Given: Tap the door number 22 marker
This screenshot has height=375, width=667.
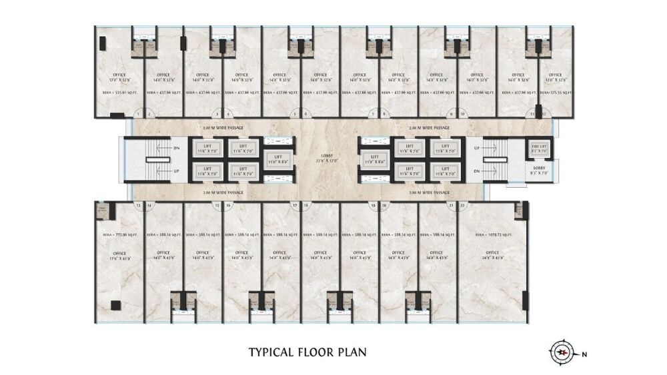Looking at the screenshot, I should [463, 206].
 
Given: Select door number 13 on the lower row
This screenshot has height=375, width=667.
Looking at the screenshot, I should [137, 206].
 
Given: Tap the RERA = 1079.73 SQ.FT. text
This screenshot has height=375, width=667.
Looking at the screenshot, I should [492, 235].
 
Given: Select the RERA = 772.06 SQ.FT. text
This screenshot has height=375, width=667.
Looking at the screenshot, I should [119, 235].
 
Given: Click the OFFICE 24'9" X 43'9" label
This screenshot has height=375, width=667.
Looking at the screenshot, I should [492, 255].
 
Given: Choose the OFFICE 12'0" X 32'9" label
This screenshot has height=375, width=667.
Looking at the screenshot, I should [555, 78].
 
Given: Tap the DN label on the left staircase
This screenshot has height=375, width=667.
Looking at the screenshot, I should [176, 148].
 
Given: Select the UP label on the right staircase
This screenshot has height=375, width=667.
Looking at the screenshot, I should [476, 148].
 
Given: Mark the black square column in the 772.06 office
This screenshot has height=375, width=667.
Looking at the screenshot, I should [115, 305].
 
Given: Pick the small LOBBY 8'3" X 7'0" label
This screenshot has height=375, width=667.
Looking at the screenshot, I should [539, 171].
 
